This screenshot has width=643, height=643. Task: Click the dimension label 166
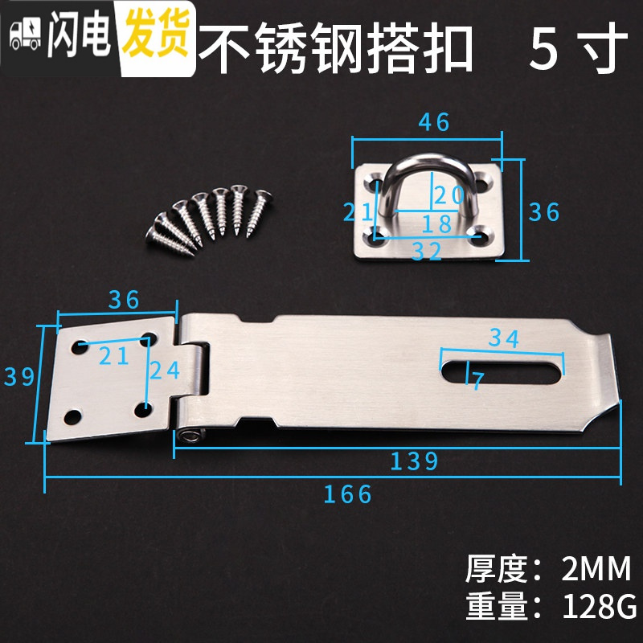[x=348, y=494]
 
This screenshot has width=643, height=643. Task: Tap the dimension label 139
[x=415, y=461]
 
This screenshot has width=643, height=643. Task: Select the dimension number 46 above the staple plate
[x=434, y=122]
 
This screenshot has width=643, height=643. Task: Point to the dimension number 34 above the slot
[x=505, y=338]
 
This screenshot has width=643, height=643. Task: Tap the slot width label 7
[x=477, y=381]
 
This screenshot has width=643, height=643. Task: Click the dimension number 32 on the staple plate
[x=428, y=252]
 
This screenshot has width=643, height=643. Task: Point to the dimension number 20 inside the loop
[x=448, y=194]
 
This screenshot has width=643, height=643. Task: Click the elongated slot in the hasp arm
[x=498, y=370]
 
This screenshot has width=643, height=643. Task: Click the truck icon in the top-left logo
[x=24, y=33]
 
